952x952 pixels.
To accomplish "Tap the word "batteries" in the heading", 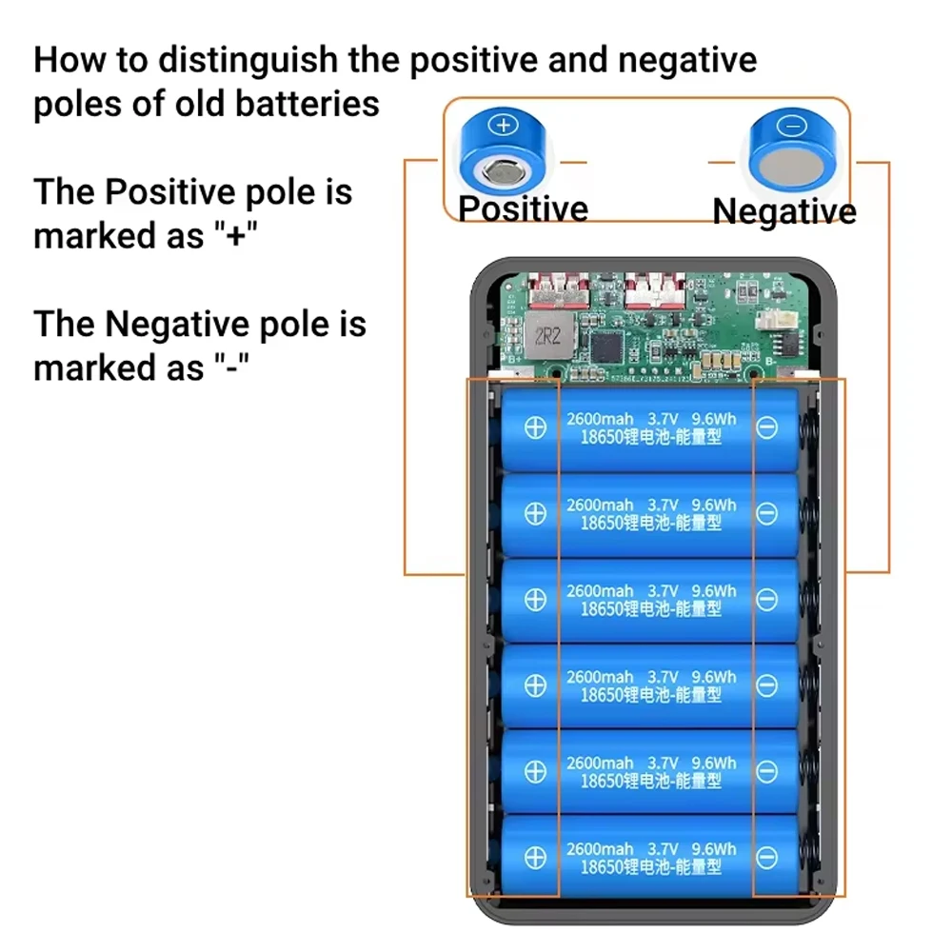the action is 307,103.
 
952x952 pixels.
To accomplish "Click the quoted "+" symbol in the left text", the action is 236,234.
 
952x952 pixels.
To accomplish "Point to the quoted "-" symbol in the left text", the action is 231,366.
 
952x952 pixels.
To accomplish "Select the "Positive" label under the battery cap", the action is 524,208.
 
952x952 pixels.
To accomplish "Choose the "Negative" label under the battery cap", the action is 784,211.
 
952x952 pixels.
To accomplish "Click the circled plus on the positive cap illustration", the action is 504,125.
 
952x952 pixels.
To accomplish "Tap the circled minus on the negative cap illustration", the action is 792,127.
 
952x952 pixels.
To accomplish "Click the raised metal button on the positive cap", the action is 504,171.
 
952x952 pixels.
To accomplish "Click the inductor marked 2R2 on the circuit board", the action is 548,335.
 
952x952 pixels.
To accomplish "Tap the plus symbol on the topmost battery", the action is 535,428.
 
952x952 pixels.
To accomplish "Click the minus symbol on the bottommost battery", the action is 766,858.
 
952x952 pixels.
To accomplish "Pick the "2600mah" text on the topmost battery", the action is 600,419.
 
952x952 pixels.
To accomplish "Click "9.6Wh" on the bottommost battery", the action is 714,849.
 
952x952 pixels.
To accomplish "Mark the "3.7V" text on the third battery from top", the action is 663,591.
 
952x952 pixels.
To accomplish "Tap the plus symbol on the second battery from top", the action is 535,514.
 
